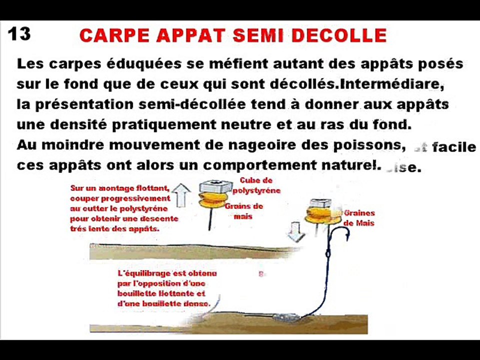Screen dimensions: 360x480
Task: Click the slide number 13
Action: (x=19, y=34)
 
